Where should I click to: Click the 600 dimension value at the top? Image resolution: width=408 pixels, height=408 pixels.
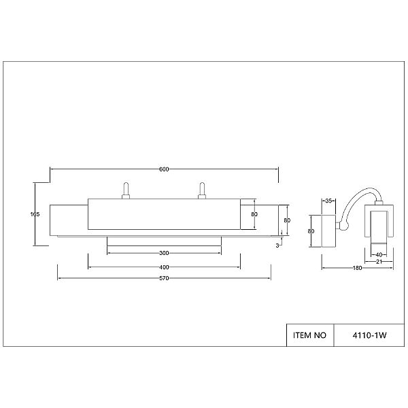click(164, 169)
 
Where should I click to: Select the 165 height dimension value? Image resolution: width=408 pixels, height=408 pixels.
click(35, 214)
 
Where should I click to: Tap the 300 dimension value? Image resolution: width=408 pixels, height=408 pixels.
click(164, 253)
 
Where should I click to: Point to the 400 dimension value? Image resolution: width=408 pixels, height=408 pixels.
click(164, 267)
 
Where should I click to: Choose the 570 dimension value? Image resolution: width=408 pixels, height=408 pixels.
click(164, 278)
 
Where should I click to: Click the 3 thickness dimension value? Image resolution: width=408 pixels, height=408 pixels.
click(277, 245)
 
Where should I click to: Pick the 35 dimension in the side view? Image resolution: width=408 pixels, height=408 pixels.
click(328, 201)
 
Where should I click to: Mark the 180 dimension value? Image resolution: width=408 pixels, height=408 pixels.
click(357, 268)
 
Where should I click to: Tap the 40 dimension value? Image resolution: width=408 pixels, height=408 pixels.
click(379, 255)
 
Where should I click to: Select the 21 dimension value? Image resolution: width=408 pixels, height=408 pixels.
click(379, 262)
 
